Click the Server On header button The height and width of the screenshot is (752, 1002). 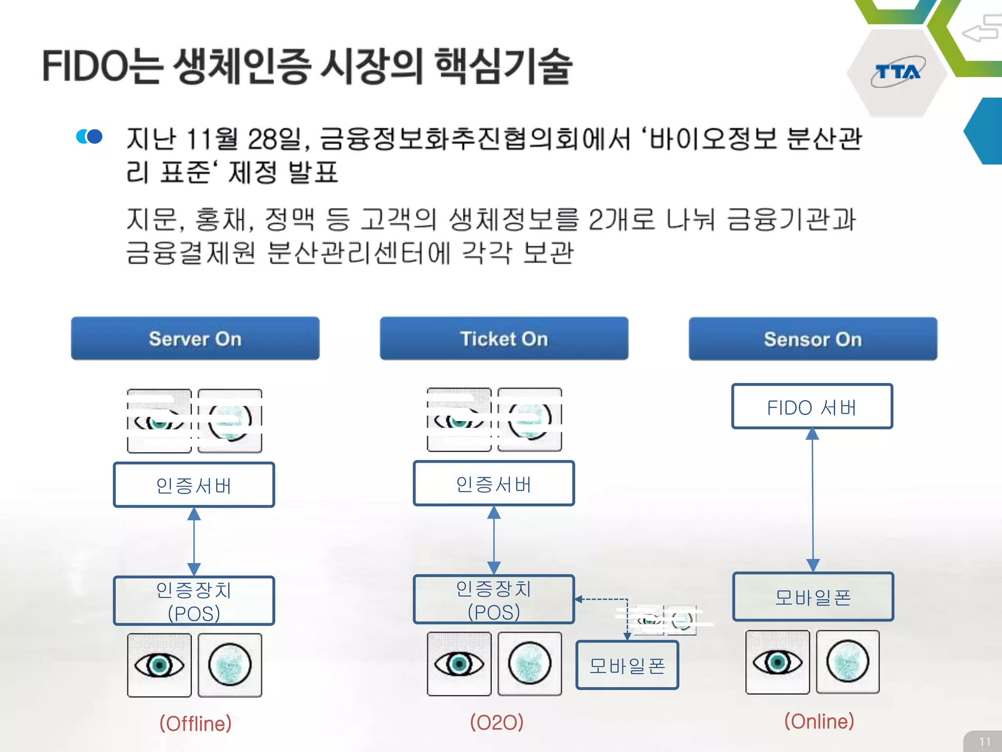tap(195, 339)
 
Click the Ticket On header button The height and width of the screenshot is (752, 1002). tap(504, 339)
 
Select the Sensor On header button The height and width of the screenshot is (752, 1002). tap(813, 339)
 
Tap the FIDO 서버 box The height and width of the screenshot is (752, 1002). tap(812, 407)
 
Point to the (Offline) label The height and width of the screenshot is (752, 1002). tap(195, 723)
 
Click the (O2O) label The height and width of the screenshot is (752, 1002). tap(497, 722)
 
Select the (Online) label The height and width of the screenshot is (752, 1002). tap(819, 721)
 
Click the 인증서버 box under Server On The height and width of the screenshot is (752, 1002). tap(194, 485)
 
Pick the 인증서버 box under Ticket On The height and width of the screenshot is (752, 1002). tap(494, 484)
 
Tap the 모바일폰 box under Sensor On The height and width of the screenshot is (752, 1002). tap(813, 597)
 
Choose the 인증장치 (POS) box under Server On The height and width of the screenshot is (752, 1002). tap(194, 601)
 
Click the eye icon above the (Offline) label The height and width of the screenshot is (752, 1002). tap(159, 665)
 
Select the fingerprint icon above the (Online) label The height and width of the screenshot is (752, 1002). tap(848, 662)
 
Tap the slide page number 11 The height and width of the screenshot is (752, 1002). tap(985, 741)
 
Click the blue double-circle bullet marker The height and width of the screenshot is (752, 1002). tap(90, 136)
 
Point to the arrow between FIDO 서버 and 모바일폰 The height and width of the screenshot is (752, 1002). tap(813, 499)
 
